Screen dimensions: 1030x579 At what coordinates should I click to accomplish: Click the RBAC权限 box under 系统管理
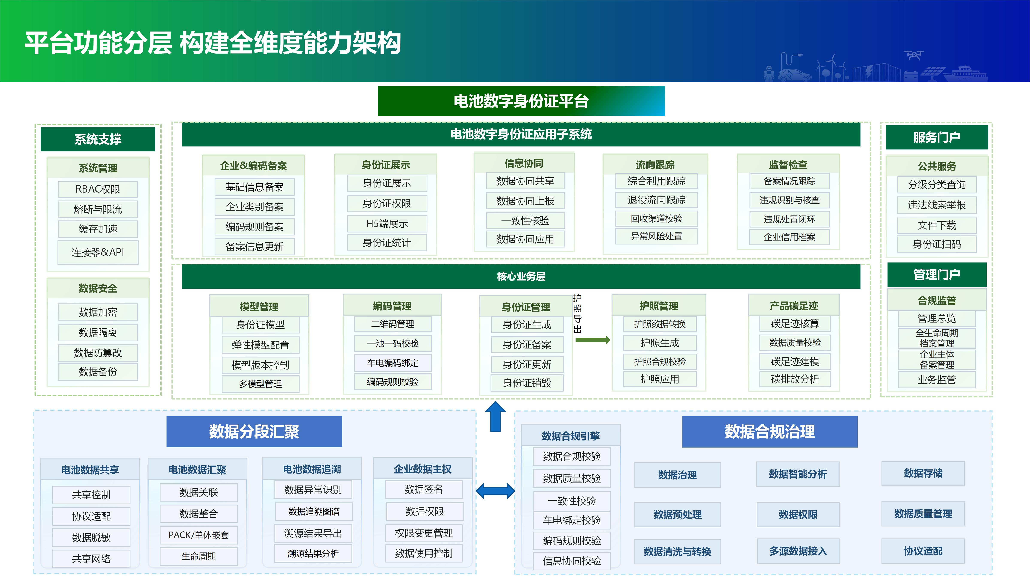(x=98, y=189)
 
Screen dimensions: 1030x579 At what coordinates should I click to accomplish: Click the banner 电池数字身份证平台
(x=521, y=101)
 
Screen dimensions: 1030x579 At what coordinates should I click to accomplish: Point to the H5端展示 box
(x=387, y=224)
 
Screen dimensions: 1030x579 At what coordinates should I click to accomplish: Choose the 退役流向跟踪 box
(x=657, y=200)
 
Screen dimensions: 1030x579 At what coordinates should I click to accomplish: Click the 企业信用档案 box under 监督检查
(x=790, y=237)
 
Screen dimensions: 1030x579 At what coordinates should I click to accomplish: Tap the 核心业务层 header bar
(x=521, y=276)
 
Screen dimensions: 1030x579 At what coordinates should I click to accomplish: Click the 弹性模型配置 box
(x=260, y=345)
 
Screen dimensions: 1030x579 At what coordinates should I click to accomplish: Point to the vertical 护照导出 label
(x=577, y=314)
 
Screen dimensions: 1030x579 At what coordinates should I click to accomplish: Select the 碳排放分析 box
(x=795, y=379)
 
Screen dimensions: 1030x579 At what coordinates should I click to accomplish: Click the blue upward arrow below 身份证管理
(x=495, y=417)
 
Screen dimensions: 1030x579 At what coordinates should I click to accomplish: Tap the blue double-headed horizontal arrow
(x=495, y=491)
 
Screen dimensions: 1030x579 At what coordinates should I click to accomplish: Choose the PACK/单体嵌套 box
(x=199, y=535)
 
